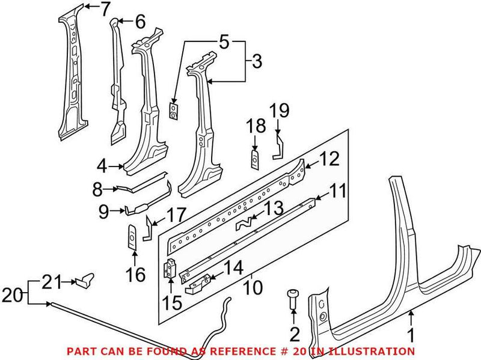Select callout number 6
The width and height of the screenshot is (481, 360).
(x=139, y=22)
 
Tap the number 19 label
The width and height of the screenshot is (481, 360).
(x=279, y=111)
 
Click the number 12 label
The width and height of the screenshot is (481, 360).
(x=329, y=159)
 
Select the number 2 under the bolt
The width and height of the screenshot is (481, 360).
(x=294, y=334)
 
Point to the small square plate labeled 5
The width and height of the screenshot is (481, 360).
(x=173, y=111)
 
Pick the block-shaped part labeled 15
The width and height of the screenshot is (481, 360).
(x=171, y=269)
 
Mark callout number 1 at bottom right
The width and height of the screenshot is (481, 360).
(x=411, y=334)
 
